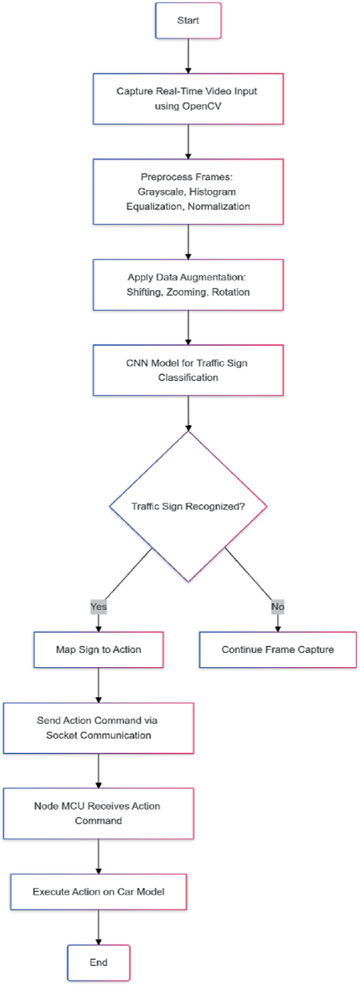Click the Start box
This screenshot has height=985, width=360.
pyautogui.click(x=188, y=20)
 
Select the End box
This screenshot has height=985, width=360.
pyautogui.click(x=98, y=962)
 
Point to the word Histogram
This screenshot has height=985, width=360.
pyautogui.click(x=212, y=192)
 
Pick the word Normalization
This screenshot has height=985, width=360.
pyautogui.click(x=219, y=206)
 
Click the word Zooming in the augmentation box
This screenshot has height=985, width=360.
pyautogui.click(x=187, y=292)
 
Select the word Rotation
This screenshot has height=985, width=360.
pyautogui.click(x=231, y=292)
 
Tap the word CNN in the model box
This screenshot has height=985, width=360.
pyautogui.click(x=137, y=363)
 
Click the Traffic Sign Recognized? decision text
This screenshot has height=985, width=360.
pyautogui.click(x=188, y=506)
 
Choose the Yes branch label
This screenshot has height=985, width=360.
pyautogui.click(x=98, y=607)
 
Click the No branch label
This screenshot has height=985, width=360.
pyautogui.click(x=277, y=607)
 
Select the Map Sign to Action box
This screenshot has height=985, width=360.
pyautogui.click(x=98, y=649)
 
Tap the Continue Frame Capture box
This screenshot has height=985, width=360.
pyautogui.click(x=277, y=649)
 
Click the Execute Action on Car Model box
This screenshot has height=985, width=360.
pyautogui.click(x=98, y=891)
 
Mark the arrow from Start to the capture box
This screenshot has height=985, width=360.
pyautogui.click(x=188, y=56)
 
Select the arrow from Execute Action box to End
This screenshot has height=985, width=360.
pyautogui.click(x=98, y=927)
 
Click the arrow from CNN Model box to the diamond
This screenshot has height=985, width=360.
pyautogui.click(x=188, y=413)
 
